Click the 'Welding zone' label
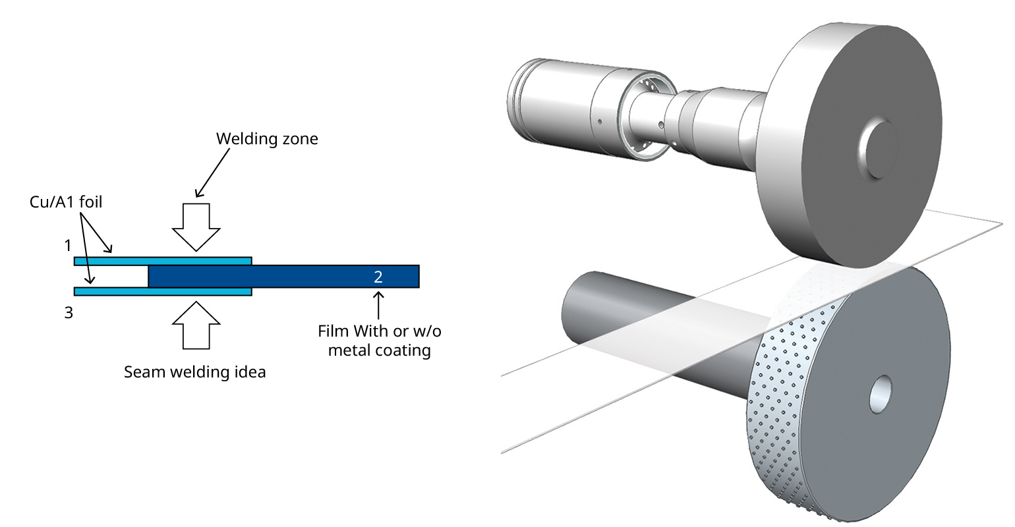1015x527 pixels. (x=267, y=139)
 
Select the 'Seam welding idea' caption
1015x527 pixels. (x=195, y=372)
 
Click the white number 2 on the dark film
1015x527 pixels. (x=378, y=277)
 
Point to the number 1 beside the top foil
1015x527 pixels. (x=67, y=245)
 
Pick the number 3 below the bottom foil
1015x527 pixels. (x=69, y=313)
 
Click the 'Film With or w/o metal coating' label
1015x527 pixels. (x=379, y=340)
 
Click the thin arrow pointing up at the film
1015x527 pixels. (x=378, y=306)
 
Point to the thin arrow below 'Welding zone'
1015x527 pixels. (x=212, y=173)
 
